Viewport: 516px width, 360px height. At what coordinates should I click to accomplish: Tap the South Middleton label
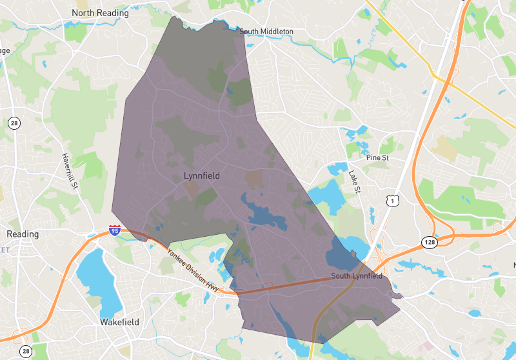tap(266, 32)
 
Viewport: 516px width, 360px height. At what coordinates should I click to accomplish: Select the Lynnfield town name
tap(202, 175)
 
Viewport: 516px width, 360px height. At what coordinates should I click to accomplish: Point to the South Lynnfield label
tap(357, 276)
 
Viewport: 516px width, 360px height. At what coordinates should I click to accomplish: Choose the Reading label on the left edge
tap(22, 234)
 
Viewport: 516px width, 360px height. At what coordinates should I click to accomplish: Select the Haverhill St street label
tap(70, 170)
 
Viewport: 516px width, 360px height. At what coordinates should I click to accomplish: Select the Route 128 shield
tap(430, 242)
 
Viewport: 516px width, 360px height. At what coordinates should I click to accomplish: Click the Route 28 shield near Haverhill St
tap(14, 123)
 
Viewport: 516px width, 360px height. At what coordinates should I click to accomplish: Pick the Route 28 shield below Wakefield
tap(25, 351)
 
